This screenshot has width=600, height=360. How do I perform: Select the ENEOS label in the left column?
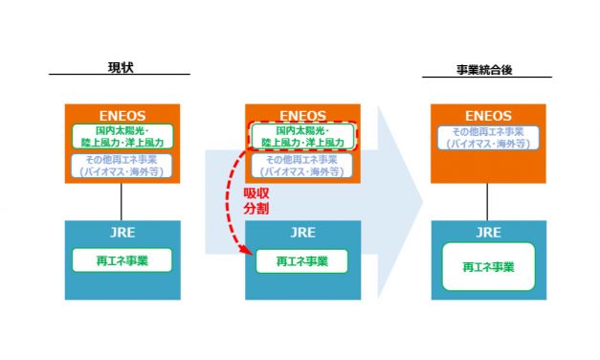click(x=121, y=114)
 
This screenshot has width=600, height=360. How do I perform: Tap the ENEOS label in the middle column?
click(x=301, y=114)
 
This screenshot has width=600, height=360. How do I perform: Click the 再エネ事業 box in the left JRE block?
click(x=121, y=260)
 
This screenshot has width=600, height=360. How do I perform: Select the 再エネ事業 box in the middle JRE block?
click(x=301, y=260)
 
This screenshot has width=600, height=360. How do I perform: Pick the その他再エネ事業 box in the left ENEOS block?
click(x=121, y=165)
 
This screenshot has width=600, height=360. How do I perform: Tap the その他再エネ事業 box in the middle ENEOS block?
click(x=301, y=165)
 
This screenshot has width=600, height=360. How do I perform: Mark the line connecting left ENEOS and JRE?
click(x=121, y=201)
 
